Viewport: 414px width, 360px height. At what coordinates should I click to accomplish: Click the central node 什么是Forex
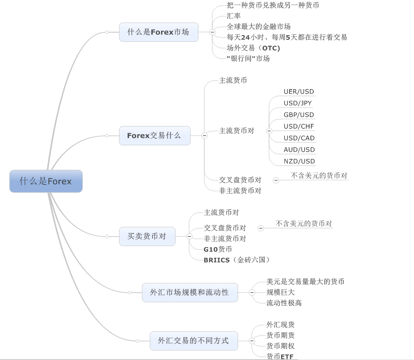[x=46, y=181]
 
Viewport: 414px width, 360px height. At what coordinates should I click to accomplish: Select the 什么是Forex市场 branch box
[x=158, y=32]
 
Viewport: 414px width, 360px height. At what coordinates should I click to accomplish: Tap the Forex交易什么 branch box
[x=155, y=135]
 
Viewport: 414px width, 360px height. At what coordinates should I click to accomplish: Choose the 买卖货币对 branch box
[x=147, y=236]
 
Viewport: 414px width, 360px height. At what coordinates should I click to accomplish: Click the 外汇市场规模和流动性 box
[x=190, y=292]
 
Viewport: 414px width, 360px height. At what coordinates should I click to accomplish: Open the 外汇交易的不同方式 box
[x=193, y=341]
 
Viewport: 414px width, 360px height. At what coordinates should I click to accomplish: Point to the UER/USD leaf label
[x=299, y=92]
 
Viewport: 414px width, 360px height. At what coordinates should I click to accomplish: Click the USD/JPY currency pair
[x=297, y=103]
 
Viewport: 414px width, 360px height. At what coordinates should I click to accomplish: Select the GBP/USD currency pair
[x=299, y=115]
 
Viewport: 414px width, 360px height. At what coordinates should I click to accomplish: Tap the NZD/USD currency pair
[x=299, y=161]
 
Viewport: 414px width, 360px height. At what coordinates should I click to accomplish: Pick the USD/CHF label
[x=299, y=126]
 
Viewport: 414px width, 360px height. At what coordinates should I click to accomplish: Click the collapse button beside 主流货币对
[x=269, y=131]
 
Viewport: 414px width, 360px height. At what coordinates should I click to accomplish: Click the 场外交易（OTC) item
[x=253, y=48]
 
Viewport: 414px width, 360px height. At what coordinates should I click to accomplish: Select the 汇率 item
[x=234, y=16]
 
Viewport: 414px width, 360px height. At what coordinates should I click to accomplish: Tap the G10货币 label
[x=218, y=249]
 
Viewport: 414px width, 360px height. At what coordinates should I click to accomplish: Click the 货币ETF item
[x=280, y=356]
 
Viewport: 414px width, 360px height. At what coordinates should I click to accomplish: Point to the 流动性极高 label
[x=284, y=303]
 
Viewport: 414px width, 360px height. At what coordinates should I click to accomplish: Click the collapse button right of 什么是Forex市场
[x=212, y=32]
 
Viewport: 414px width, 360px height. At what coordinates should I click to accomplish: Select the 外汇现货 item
[x=280, y=324]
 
